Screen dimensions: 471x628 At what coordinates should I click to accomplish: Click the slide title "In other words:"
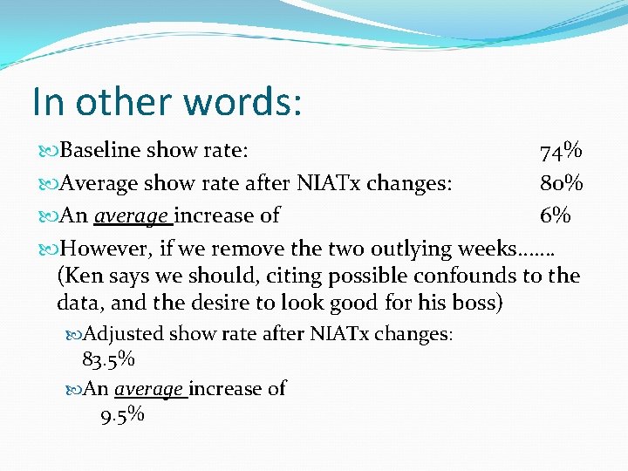167,101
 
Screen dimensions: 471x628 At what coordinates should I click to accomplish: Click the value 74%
561,151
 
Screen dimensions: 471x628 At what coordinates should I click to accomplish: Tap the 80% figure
561,183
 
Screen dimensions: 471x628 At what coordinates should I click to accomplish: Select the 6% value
554,215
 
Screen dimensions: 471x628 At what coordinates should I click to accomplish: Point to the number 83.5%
108,358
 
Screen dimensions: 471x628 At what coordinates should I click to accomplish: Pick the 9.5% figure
122,414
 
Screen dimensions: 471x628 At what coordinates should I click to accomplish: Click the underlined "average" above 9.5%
148,389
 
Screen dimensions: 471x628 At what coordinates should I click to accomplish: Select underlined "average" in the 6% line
132,215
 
